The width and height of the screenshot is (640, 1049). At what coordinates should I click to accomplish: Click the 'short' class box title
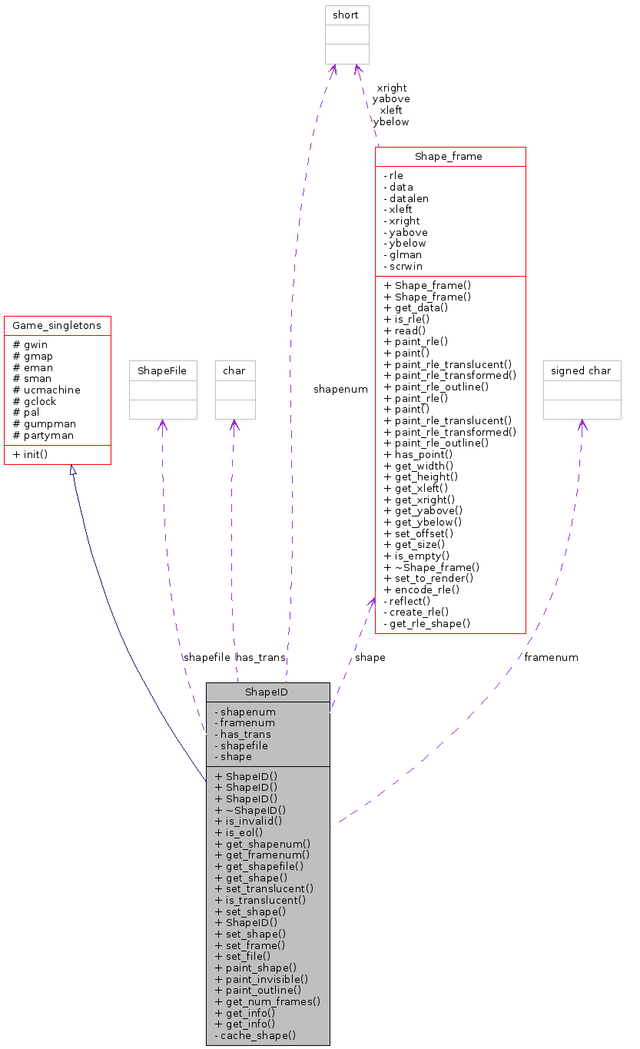tap(346, 15)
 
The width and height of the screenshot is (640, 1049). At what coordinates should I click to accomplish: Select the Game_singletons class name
tap(58, 326)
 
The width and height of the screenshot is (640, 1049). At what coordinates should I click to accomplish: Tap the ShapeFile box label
tap(162, 370)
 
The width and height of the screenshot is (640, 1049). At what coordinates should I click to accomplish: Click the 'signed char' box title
tap(582, 370)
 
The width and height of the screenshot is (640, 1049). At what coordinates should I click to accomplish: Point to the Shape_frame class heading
tap(449, 157)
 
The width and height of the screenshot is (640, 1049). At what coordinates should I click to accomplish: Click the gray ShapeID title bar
tap(267, 692)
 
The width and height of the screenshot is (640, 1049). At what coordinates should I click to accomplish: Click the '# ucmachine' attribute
tap(47, 390)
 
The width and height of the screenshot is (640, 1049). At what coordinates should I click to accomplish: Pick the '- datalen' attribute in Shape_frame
tap(405, 198)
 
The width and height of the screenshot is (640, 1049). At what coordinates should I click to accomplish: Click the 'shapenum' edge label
tap(340, 390)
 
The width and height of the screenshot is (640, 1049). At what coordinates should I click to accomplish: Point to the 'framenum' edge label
tap(551, 657)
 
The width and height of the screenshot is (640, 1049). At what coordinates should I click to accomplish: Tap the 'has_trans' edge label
tap(260, 657)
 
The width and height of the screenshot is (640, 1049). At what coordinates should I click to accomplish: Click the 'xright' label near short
tap(391, 88)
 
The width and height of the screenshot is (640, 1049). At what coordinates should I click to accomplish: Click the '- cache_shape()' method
tap(255, 1035)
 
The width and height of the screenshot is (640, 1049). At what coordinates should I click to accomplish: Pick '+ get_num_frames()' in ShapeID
tap(267, 1001)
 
